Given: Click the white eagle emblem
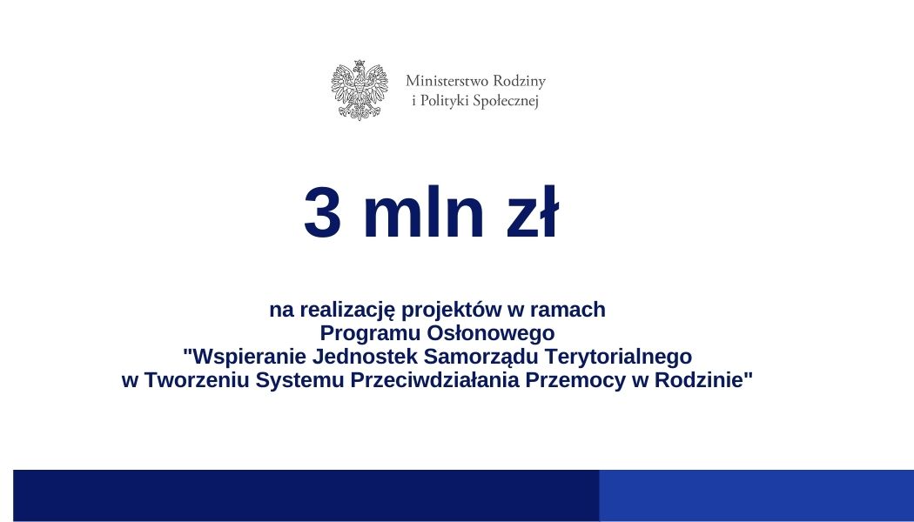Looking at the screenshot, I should [x=359, y=90].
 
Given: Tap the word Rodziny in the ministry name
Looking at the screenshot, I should [x=519, y=81].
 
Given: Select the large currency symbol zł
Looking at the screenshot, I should [x=525, y=214].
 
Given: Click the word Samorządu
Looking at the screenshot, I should [x=475, y=357].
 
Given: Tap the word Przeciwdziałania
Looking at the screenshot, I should [x=432, y=380].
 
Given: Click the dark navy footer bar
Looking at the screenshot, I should [x=305, y=495].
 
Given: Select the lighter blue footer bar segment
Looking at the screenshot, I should [x=756, y=495].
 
